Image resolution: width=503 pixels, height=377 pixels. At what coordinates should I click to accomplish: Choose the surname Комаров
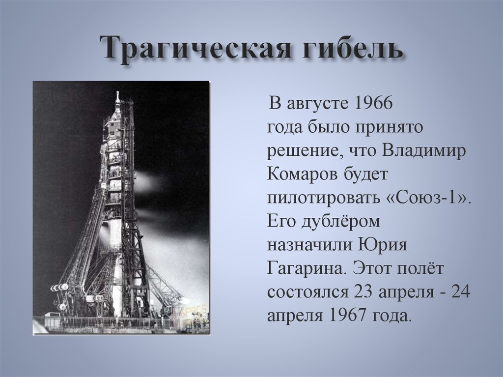pyautogui.click(x=300, y=174)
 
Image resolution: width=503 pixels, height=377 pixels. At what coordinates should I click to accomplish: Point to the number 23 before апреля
pyautogui.click(x=361, y=292)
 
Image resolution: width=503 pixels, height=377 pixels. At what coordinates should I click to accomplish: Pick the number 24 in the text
pyautogui.click(x=461, y=292)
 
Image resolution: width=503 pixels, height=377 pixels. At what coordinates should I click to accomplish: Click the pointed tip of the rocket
pyautogui.click(x=118, y=93)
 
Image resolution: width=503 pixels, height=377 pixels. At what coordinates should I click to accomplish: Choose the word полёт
pyautogui.click(x=417, y=268)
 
